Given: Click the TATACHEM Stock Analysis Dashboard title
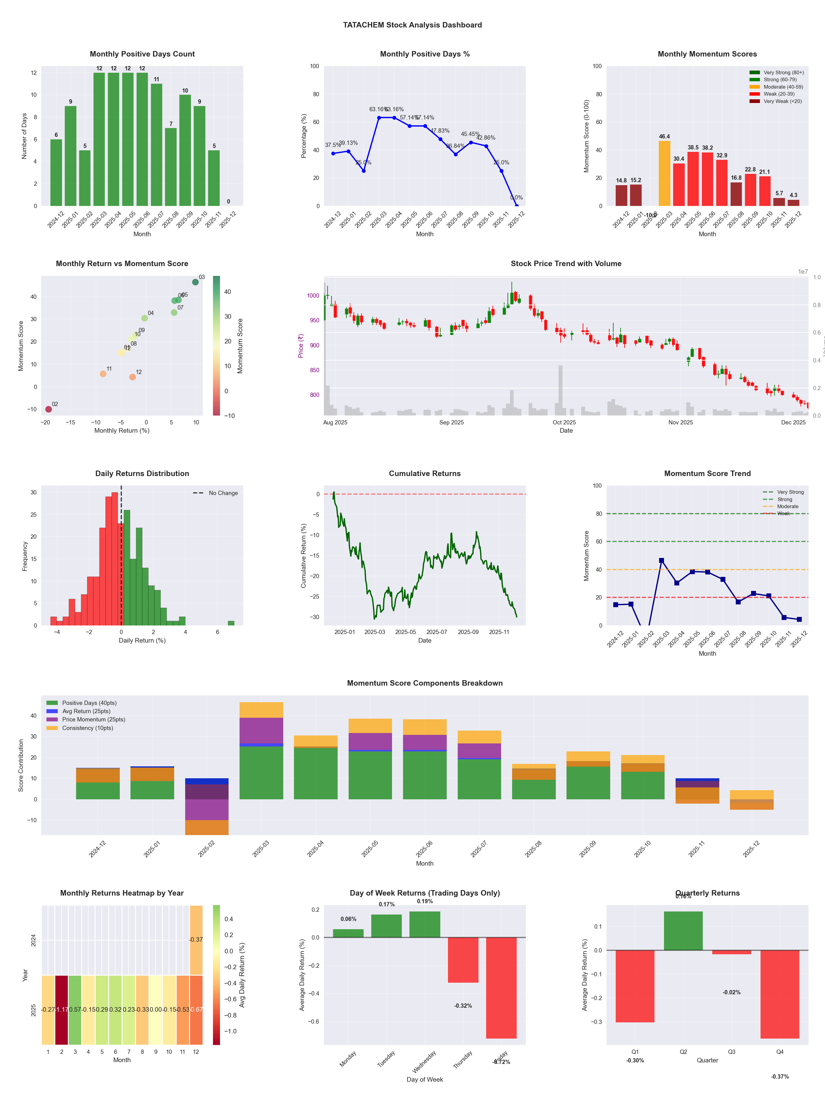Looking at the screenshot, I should (412, 25).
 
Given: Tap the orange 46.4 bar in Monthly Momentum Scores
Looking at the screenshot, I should (664, 173).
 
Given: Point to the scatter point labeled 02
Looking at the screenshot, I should (48, 409).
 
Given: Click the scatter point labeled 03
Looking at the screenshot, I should (196, 282).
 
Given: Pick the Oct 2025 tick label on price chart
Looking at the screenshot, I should (564, 423).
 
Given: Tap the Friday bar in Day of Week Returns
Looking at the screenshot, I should (501, 988).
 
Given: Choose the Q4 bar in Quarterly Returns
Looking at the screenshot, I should (780, 994).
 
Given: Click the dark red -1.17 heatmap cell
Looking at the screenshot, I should (62, 1010).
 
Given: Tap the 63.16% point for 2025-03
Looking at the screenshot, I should (379, 118).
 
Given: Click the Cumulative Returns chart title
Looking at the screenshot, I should (425, 473).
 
